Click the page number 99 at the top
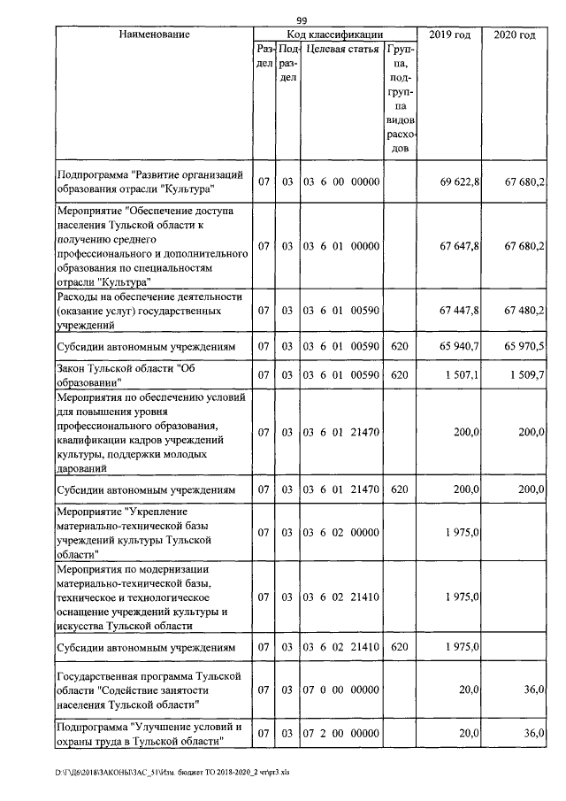pyautogui.click(x=302, y=20)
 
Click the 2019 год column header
pyautogui.click(x=448, y=35)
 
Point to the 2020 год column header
pyautogui.click(x=514, y=35)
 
